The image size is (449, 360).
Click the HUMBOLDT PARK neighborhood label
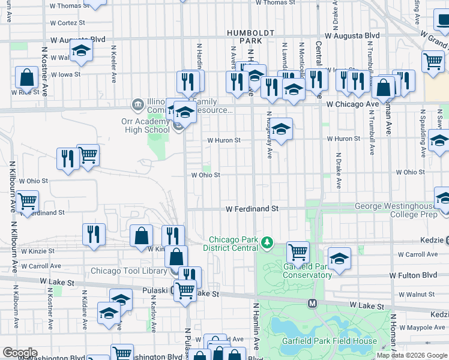[250, 36]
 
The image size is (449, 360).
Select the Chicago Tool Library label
[128, 271]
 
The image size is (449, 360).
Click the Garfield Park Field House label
[330, 341]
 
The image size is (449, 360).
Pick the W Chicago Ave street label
[352, 104]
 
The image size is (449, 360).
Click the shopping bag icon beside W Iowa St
[26, 77]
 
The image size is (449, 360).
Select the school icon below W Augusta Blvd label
[81, 52]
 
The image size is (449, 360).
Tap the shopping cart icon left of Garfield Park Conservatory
[298, 251]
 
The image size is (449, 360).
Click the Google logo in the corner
[20, 353]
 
